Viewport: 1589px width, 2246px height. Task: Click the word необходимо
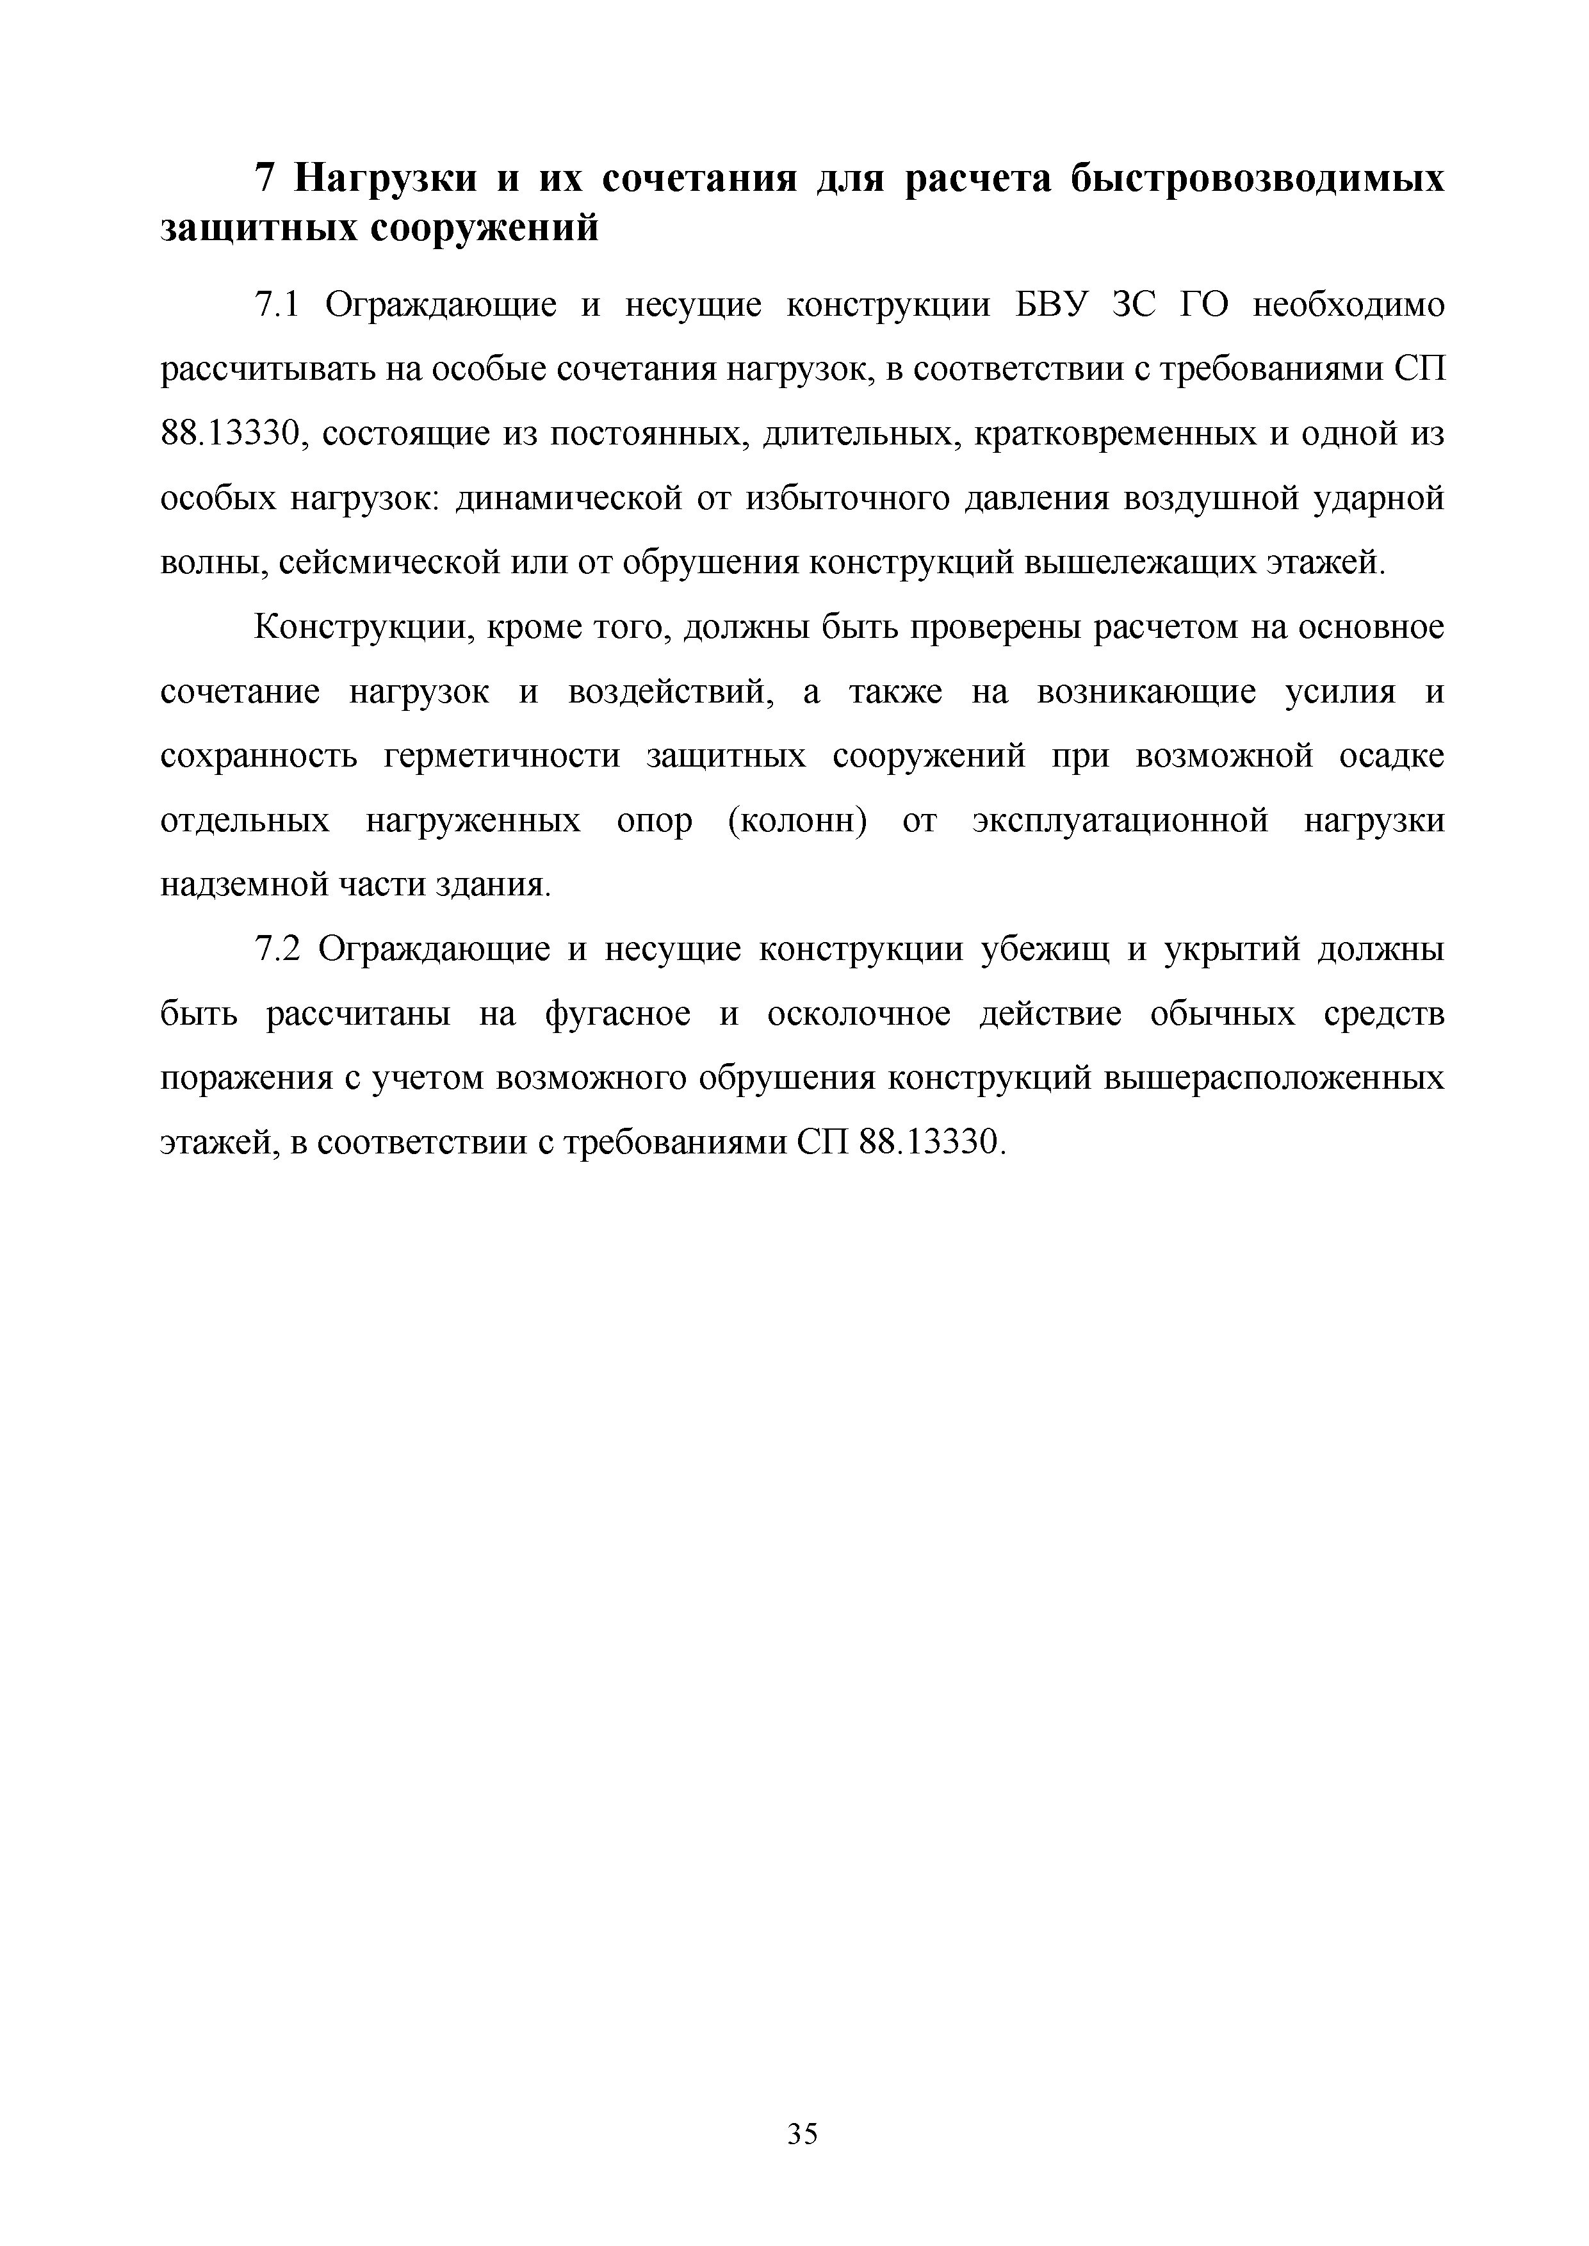(1348, 306)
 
